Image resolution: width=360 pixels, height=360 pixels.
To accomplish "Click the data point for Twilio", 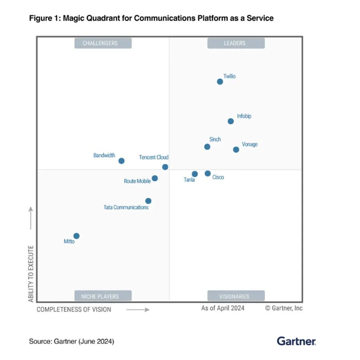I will (220, 82).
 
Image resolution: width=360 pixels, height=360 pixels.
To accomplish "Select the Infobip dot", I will (230, 121).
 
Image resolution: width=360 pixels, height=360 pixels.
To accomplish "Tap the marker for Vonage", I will (236, 150).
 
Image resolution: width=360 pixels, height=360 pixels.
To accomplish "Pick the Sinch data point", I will (207, 147).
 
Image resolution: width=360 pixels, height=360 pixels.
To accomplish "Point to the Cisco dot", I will (208, 173).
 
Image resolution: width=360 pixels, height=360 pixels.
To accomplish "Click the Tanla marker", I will (195, 174).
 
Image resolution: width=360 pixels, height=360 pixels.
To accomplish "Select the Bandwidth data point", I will (121, 161).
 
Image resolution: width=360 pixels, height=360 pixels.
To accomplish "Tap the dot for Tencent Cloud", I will (165, 167).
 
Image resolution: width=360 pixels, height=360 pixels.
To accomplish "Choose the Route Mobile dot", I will (155, 178).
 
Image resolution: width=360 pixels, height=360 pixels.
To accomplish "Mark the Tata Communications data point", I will (148, 201).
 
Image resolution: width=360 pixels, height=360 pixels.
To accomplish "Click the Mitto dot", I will (76, 236).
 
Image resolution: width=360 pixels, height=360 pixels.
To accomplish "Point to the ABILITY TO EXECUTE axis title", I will (31, 274).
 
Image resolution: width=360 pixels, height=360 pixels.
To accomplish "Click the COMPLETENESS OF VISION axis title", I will (74, 309).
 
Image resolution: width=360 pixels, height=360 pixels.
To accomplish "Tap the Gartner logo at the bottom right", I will (296, 341).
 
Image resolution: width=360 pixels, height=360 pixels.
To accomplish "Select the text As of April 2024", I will (222, 308).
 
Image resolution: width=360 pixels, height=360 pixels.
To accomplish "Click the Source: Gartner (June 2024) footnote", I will (71, 342).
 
